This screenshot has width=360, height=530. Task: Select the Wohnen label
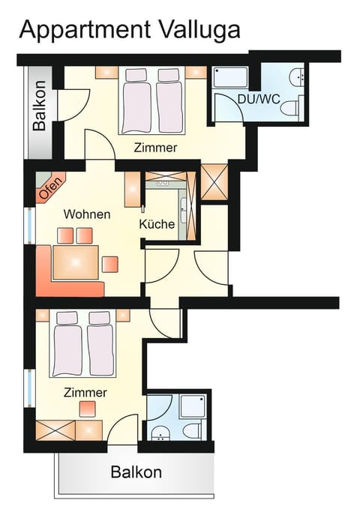(x=86, y=214)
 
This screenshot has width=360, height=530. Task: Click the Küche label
(x=157, y=224)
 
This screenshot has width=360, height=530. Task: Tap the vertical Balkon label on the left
(x=40, y=106)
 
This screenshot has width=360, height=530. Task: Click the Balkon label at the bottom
(x=136, y=472)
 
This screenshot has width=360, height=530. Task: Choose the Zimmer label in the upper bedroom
(x=155, y=148)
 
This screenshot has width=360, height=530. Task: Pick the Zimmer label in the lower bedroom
(x=85, y=392)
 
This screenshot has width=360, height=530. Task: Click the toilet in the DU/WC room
(x=289, y=109)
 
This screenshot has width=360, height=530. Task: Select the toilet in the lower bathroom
(x=190, y=430)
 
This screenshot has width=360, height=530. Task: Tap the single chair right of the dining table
(x=110, y=263)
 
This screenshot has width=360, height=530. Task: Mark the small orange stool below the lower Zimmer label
(x=88, y=409)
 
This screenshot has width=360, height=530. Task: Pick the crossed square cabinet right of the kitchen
(x=214, y=183)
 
